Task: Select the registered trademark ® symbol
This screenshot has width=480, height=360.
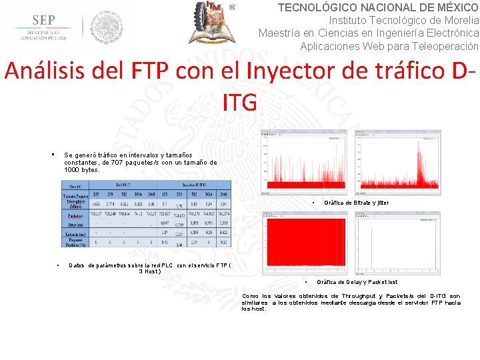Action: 233,7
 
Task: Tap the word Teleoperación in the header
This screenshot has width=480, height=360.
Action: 447,46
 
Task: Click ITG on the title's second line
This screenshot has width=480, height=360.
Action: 240,102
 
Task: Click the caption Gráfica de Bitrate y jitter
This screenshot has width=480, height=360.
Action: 356,202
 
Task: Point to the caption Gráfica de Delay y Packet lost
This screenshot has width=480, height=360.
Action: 357,282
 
